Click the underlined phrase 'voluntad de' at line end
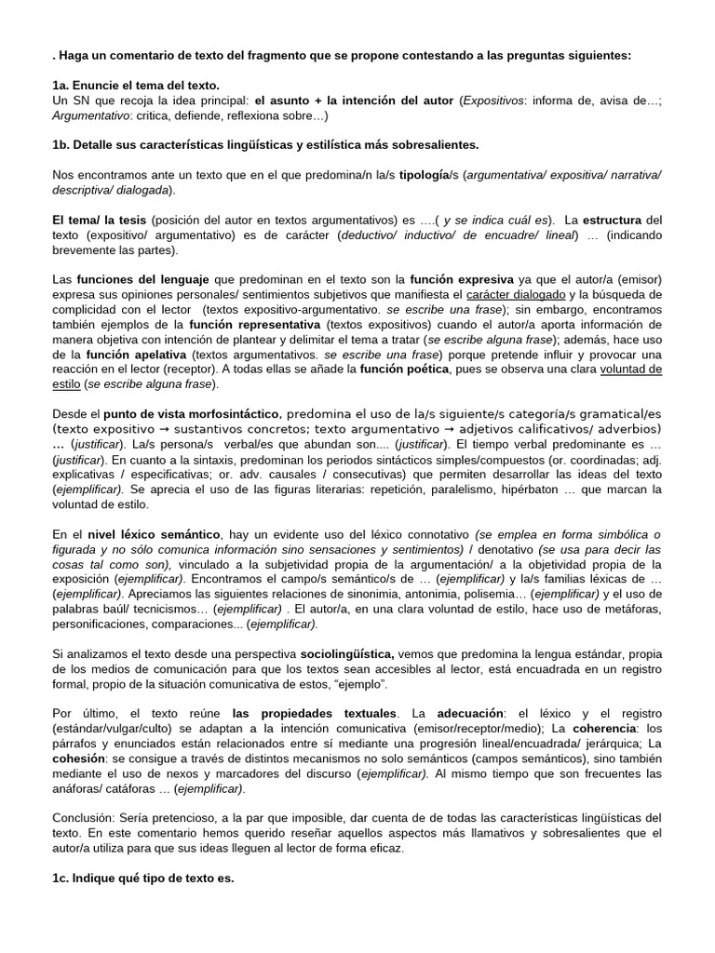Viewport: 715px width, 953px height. pos(632,369)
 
